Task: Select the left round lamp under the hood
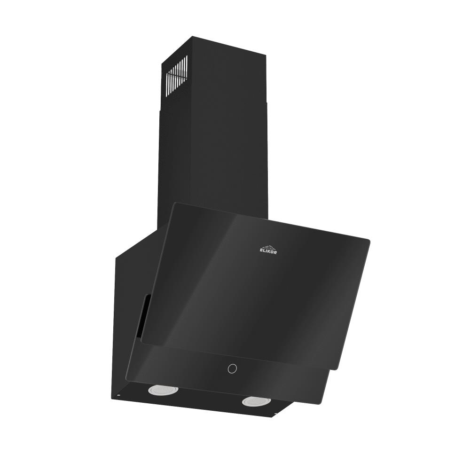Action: click(163, 389)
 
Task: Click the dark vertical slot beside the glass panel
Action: click(142, 315)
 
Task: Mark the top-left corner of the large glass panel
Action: click(174, 204)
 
